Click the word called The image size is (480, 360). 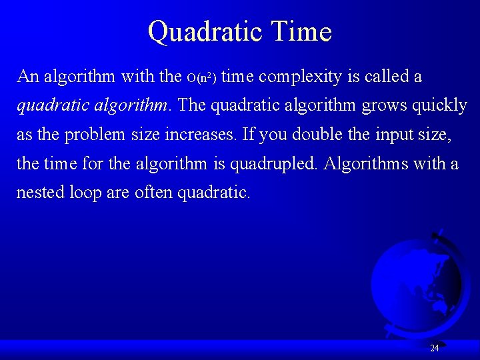coord(387,77)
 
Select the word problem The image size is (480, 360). coord(91,135)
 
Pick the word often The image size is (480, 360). coord(153,193)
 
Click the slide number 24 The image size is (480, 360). coord(435,348)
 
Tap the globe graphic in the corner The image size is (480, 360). coord(417,280)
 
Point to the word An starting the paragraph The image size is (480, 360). coord(28,77)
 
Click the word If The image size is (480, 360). coord(248,135)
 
